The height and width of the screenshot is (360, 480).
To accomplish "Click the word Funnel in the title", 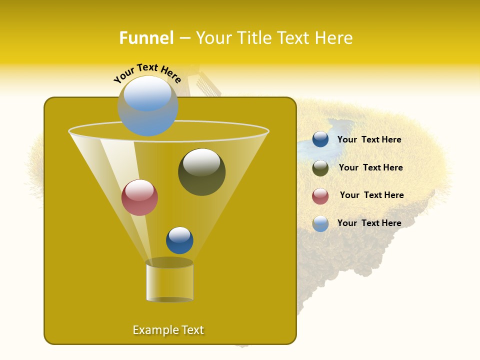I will pyautogui.click(x=146, y=38).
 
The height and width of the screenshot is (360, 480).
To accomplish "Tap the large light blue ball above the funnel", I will pyautogui.click(x=147, y=106).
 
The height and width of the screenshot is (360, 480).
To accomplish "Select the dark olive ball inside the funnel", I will pyautogui.click(x=201, y=172).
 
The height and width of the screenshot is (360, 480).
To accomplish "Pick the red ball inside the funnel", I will pyautogui.click(x=139, y=197).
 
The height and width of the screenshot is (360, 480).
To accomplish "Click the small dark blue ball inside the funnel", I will pyautogui.click(x=179, y=240).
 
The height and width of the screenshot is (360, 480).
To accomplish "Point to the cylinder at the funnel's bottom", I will pyautogui.click(x=169, y=281).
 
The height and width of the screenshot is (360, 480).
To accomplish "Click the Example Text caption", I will pyautogui.click(x=168, y=330).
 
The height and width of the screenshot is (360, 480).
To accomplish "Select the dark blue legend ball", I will pyautogui.click(x=320, y=139).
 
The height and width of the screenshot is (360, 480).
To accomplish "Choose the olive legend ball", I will pyautogui.click(x=320, y=168).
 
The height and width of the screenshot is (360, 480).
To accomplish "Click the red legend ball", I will pyautogui.click(x=320, y=196).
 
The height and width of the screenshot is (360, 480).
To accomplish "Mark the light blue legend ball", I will pyautogui.click(x=320, y=223).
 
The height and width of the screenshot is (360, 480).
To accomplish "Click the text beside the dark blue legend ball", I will pyautogui.click(x=369, y=140).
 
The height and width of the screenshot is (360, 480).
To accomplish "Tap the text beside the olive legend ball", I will pyautogui.click(x=370, y=168).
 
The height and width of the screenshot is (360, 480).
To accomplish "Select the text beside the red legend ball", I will pyautogui.click(x=371, y=195).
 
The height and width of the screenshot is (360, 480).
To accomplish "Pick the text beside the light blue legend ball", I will pyautogui.click(x=369, y=223).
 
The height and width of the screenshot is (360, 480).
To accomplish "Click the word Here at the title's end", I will pyautogui.click(x=335, y=38).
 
